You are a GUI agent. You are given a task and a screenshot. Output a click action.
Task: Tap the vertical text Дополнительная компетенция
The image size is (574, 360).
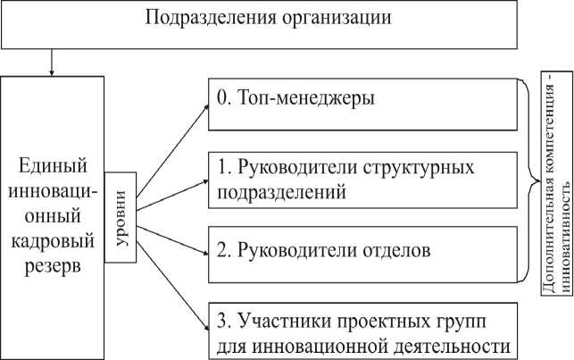coord(547,193)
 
